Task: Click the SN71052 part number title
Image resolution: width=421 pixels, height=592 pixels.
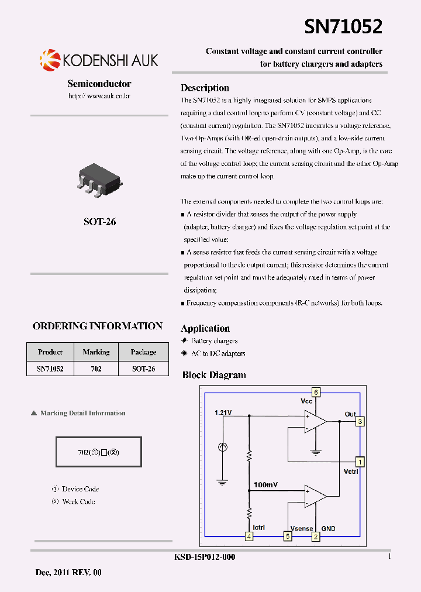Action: (x=343, y=26)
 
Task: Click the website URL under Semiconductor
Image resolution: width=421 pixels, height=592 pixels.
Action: (x=99, y=95)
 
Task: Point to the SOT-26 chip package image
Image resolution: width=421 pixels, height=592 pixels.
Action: (x=99, y=178)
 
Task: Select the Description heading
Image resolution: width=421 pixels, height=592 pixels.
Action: (x=205, y=88)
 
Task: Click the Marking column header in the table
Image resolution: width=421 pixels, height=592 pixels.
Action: (x=96, y=352)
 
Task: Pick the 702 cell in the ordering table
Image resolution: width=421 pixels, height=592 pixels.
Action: (x=96, y=369)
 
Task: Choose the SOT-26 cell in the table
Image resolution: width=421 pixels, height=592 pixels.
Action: (x=143, y=369)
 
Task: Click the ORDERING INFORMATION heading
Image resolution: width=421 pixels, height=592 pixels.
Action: (x=98, y=326)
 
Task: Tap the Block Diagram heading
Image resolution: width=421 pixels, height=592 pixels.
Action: (x=214, y=375)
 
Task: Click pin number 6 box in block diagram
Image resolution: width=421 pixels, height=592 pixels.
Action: (x=316, y=392)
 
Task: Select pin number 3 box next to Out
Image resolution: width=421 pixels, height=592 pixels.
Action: (x=360, y=421)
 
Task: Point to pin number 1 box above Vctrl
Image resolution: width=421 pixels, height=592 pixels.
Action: (x=361, y=462)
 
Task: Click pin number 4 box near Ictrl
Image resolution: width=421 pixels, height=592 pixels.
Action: (x=249, y=536)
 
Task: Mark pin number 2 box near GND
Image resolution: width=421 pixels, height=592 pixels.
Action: (x=316, y=536)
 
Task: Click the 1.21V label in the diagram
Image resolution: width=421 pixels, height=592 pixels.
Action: (x=223, y=413)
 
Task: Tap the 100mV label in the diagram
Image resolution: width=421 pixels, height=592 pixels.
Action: (x=265, y=485)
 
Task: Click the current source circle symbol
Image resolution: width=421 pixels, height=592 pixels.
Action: (x=222, y=448)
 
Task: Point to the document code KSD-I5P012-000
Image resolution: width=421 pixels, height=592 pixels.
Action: (x=205, y=557)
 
